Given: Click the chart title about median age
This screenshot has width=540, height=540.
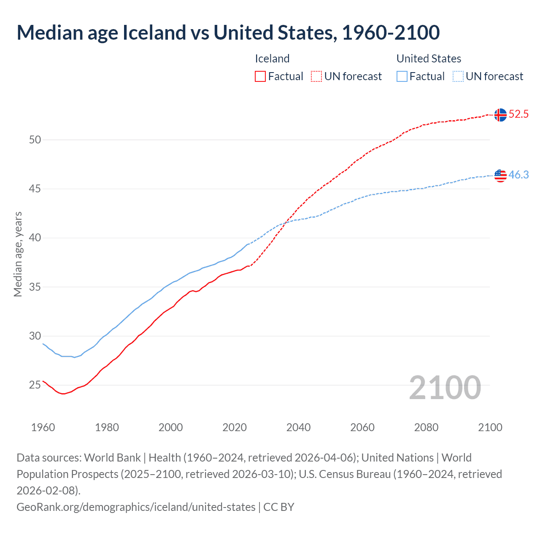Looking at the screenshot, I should (x=228, y=32).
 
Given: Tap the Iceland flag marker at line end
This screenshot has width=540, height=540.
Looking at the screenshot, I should (x=500, y=115).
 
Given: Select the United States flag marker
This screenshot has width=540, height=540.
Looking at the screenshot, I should (x=500, y=175).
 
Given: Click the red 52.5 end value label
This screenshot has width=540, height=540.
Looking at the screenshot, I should (x=518, y=114).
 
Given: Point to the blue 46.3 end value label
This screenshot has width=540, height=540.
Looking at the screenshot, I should (x=518, y=175).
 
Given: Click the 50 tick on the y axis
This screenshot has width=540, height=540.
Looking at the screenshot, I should (x=35, y=140).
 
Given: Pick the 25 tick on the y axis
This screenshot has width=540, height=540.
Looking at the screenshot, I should (x=35, y=385).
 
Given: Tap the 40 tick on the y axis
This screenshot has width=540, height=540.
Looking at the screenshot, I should (x=35, y=238).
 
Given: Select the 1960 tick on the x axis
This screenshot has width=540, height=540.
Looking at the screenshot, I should (x=43, y=427).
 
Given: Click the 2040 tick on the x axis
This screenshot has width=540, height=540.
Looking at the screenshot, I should (x=298, y=427).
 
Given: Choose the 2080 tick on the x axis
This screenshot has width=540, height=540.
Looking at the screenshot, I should (x=426, y=427).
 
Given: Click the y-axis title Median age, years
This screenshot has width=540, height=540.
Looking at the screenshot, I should (x=18, y=254).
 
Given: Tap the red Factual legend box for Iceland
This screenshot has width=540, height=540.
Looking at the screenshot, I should (x=260, y=76).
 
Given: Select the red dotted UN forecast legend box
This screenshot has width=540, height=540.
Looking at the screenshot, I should (x=316, y=76).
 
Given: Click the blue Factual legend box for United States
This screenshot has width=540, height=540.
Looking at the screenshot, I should (x=402, y=76).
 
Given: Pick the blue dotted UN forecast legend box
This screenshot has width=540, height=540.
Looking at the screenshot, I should (x=458, y=76).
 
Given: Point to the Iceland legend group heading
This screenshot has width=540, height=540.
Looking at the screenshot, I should (x=272, y=59).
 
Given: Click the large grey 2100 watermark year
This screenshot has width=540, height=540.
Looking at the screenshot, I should (x=445, y=388).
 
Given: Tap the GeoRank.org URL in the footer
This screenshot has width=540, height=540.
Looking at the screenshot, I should (x=136, y=507).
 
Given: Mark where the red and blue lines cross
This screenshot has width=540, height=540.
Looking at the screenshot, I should (x=286, y=222).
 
